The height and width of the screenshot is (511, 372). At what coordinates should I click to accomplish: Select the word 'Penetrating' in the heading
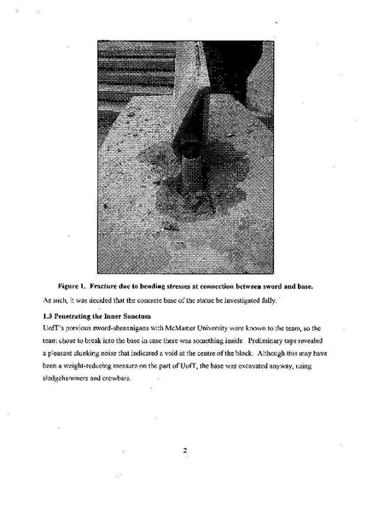[x=75, y=316]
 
